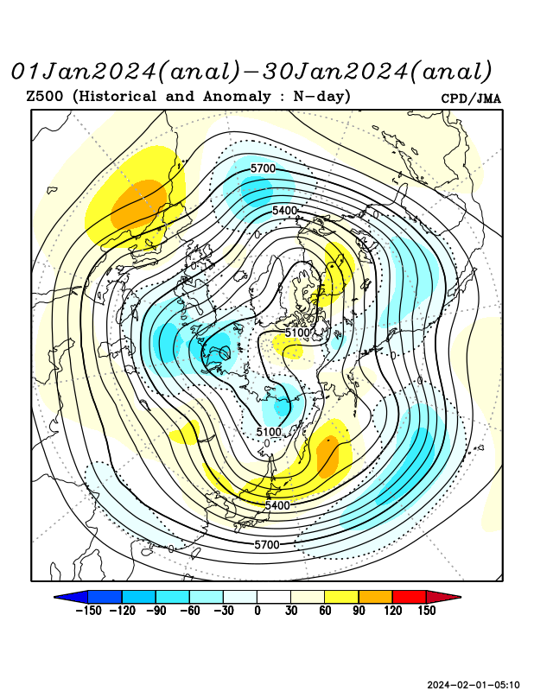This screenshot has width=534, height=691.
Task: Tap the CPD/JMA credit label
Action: [x=471, y=98]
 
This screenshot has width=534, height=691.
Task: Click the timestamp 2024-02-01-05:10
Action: [x=474, y=685]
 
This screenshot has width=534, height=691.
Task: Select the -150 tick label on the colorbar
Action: [x=90, y=611]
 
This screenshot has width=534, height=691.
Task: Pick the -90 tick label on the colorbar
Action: [x=156, y=611]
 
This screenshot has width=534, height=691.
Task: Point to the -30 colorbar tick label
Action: [x=223, y=611]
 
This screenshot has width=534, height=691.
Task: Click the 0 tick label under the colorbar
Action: [x=257, y=611]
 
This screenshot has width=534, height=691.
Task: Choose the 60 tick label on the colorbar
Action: [x=325, y=611]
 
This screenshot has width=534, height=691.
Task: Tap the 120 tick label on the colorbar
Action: [x=392, y=611]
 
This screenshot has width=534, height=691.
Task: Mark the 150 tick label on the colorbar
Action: [x=425, y=611]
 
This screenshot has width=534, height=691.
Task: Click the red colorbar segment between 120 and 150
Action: [x=409, y=597]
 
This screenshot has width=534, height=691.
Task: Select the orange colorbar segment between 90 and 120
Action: [x=375, y=597]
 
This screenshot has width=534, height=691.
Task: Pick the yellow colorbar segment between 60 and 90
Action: [x=341, y=597]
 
